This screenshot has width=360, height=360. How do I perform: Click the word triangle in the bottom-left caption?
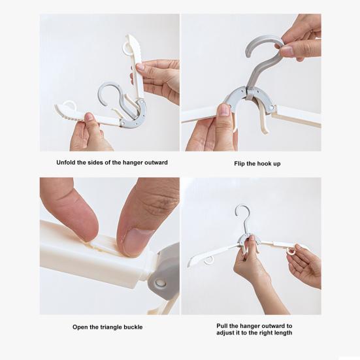click(110, 327)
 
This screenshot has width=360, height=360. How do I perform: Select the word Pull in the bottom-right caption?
click(221, 326)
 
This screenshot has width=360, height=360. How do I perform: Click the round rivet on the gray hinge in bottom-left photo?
click(160, 282)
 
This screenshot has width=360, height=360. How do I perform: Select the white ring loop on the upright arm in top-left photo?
click(126, 48)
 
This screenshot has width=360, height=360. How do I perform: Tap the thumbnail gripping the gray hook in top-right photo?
click(287, 51)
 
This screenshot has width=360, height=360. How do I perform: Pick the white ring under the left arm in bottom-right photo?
click(208, 260)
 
